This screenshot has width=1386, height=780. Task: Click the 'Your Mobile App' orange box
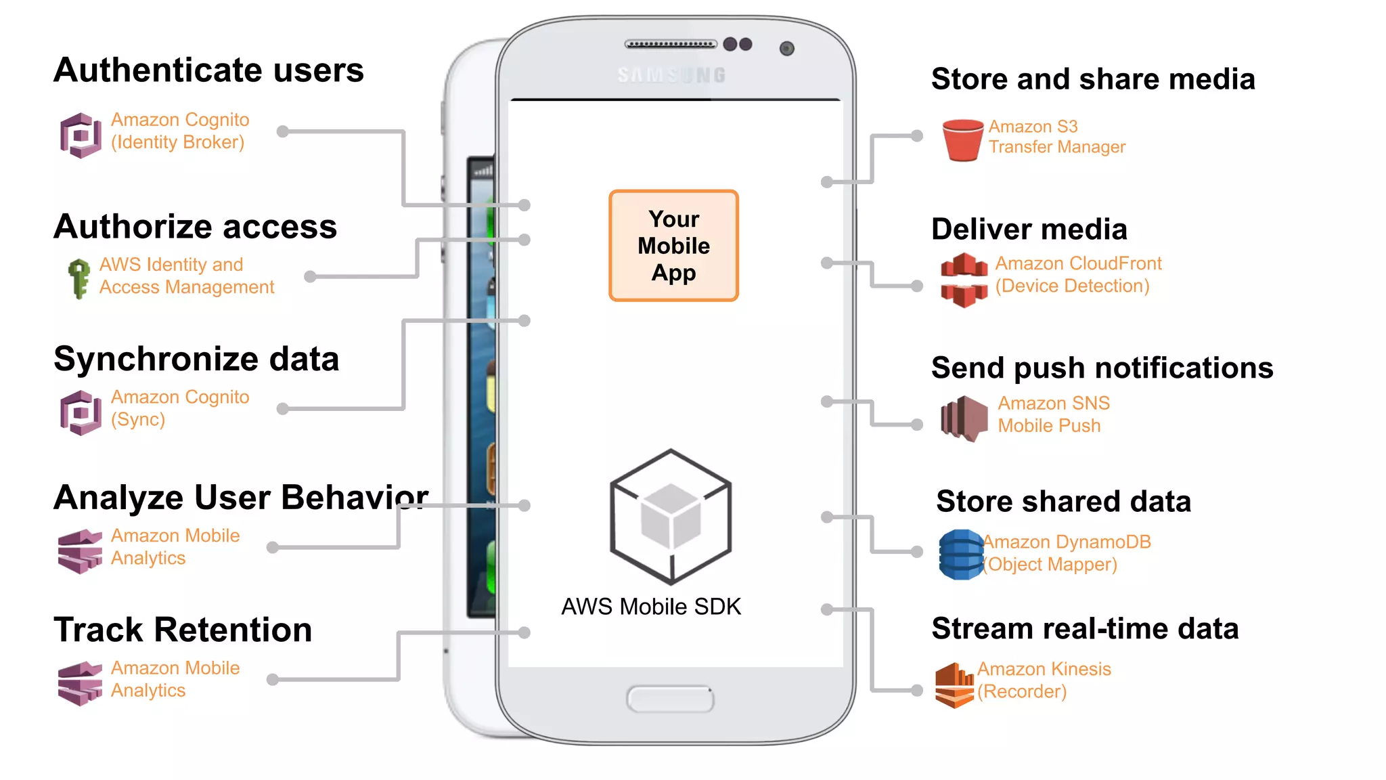673,245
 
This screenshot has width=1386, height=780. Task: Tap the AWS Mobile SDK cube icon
671,517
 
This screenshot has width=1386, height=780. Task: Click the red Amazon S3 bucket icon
962,139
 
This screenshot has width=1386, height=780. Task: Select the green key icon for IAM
79,278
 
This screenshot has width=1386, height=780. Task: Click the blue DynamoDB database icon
961,555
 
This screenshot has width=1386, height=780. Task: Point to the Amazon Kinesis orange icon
954,685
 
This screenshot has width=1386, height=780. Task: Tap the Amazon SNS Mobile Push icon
964,418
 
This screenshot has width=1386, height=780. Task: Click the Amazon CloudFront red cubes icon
964,280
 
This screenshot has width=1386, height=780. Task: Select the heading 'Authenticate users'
208,70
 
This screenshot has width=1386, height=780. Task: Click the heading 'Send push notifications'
1102,368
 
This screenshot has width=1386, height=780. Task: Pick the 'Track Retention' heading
183,630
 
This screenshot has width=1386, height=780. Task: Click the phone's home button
670,699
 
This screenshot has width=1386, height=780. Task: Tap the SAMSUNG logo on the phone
671,74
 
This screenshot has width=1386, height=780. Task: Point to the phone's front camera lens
786,48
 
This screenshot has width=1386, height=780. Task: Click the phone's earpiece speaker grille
670,44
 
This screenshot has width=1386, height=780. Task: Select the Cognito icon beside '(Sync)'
81,412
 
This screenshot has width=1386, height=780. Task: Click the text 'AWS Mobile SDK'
651,607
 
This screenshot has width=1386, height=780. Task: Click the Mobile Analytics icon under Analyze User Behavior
80,550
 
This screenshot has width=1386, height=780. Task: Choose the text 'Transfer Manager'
1056,147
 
